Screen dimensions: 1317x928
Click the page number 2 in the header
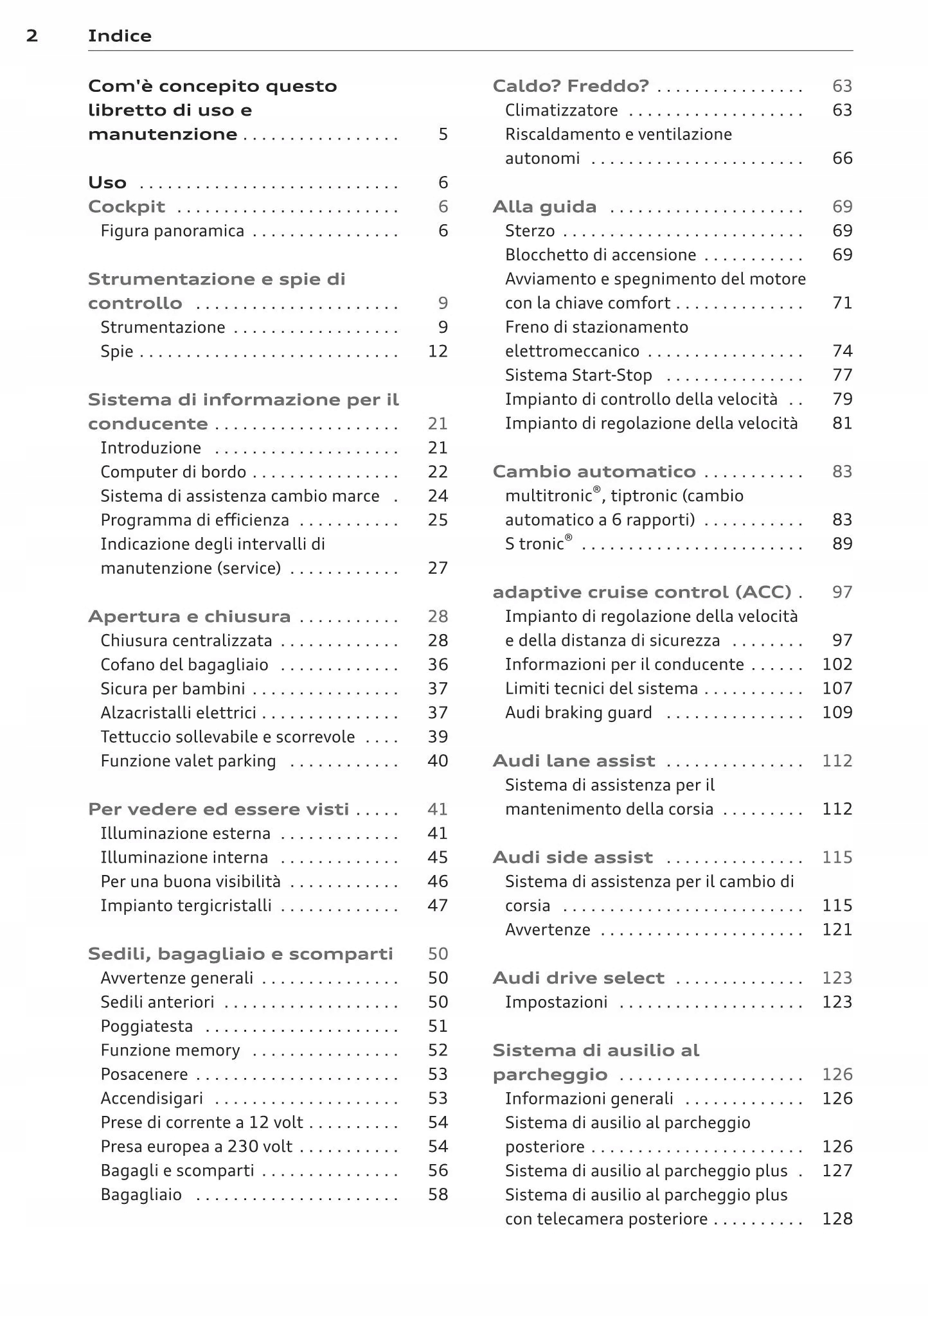32,36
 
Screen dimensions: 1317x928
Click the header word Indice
120,36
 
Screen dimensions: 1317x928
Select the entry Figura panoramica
172,231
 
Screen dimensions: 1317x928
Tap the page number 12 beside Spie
438,351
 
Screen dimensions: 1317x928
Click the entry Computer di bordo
173,472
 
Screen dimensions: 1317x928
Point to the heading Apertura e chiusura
189,617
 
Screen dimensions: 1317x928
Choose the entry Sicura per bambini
173,689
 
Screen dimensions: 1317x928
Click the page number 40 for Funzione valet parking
438,761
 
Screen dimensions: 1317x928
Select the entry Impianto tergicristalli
186,906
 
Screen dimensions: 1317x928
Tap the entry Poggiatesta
147,1027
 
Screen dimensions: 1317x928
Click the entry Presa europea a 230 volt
196,1147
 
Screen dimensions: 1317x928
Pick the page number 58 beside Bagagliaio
438,1195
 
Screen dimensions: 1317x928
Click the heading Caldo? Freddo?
571,86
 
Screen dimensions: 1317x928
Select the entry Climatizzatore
561,110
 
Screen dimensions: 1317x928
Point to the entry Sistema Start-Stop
578,375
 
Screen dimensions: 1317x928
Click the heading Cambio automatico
594,472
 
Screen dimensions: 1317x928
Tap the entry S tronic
538,544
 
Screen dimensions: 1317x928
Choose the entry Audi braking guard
578,713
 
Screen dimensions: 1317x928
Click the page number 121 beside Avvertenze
837,930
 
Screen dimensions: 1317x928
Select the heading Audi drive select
578,978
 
